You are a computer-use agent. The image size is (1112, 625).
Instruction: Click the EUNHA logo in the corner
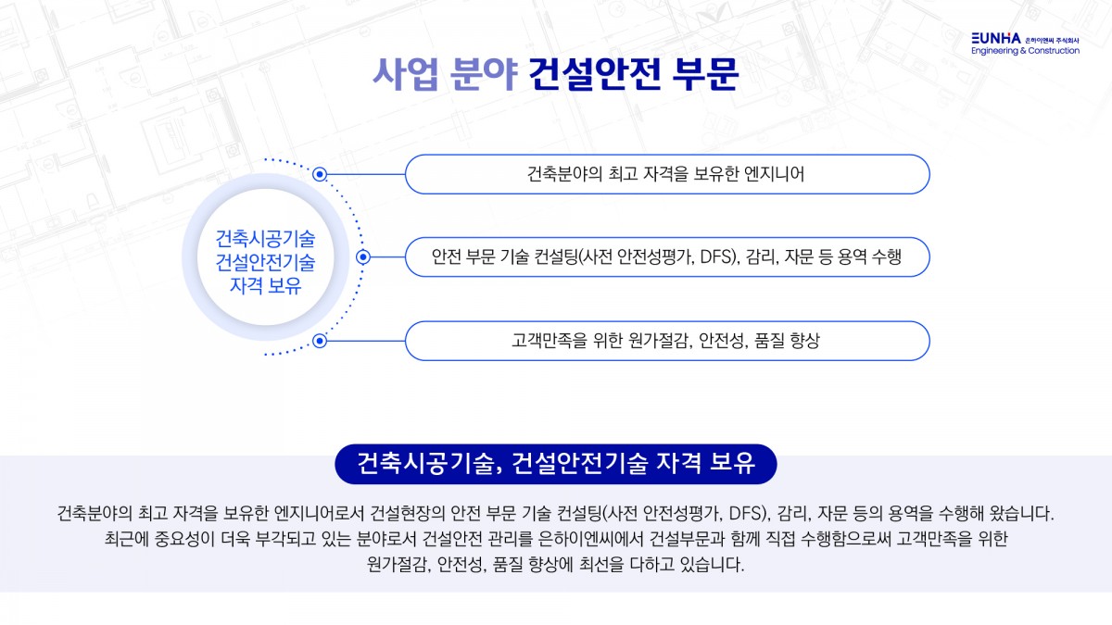pyautogui.click(x=995, y=38)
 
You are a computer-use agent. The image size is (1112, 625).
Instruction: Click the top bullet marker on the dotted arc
pyautogui.click(x=320, y=173)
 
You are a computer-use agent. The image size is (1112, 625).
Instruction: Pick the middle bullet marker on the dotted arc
pyautogui.click(x=363, y=256)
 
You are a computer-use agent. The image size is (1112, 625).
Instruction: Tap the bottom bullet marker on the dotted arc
pyautogui.click(x=320, y=341)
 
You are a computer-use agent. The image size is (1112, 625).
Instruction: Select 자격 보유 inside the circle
pyautogui.click(x=265, y=285)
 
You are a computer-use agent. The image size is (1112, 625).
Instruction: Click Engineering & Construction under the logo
pyautogui.click(x=1025, y=51)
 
